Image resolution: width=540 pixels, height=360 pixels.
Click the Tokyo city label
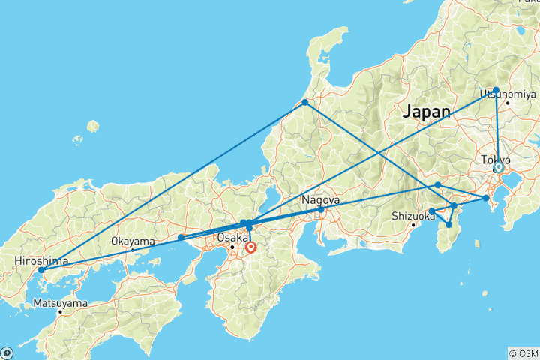(x=495, y=160)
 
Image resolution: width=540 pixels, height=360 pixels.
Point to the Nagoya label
(x=320, y=200)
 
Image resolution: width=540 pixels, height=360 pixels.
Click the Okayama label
(x=132, y=241)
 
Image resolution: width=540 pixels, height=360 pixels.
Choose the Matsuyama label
(x=59, y=304)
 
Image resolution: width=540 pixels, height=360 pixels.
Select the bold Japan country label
(x=427, y=112)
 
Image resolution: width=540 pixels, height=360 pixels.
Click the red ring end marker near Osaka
(x=250, y=246)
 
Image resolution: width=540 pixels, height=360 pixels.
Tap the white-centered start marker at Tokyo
(x=497, y=168)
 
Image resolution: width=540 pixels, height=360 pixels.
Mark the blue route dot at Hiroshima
(x=41, y=270)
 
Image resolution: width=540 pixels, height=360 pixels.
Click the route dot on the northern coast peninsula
(x=305, y=102)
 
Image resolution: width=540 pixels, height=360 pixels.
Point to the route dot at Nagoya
(x=321, y=210)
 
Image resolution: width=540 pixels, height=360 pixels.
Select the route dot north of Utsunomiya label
(x=496, y=90)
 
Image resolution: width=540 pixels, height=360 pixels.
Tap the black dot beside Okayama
(x=133, y=250)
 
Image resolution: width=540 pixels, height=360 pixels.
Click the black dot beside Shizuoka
(x=413, y=225)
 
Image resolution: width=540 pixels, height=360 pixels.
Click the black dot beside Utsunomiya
(x=508, y=103)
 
